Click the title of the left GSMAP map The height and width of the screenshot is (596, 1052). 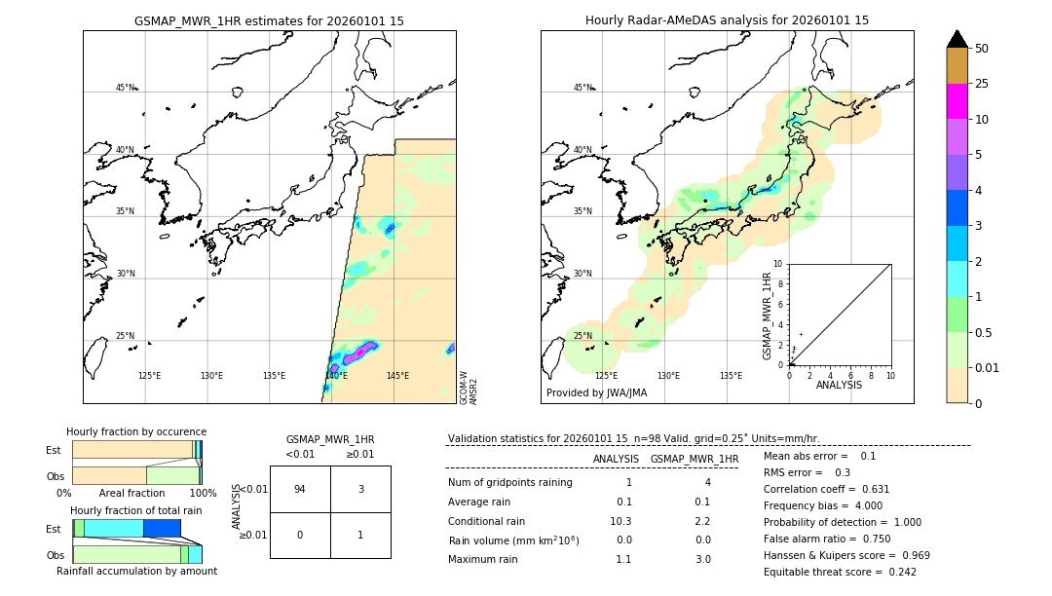coord(269,20)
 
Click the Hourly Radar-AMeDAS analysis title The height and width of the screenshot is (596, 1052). coord(727,20)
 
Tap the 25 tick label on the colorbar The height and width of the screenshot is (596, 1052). coord(983,85)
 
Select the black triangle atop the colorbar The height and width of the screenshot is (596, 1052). coord(958,39)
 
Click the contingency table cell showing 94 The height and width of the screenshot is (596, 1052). coord(300,490)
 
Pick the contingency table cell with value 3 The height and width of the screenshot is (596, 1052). coord(360,490)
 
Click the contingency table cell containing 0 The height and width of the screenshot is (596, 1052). coord(300,535)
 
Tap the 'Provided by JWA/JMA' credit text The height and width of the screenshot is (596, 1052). coord(596,393)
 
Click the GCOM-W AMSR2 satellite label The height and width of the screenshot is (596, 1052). coord(468,387)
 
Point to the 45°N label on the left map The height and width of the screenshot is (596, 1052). coord(126,88)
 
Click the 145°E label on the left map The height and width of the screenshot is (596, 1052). coord(397,376)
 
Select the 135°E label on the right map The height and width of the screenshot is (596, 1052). coord(731,376)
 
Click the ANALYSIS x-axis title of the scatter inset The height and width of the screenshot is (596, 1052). coord(839,386)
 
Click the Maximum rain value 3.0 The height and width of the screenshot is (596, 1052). coord(701,559)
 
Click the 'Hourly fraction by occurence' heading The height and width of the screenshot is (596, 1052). coord(136,431)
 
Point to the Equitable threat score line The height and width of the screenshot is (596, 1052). coord(840,572)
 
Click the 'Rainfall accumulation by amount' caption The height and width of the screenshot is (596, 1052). coord(136,571)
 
